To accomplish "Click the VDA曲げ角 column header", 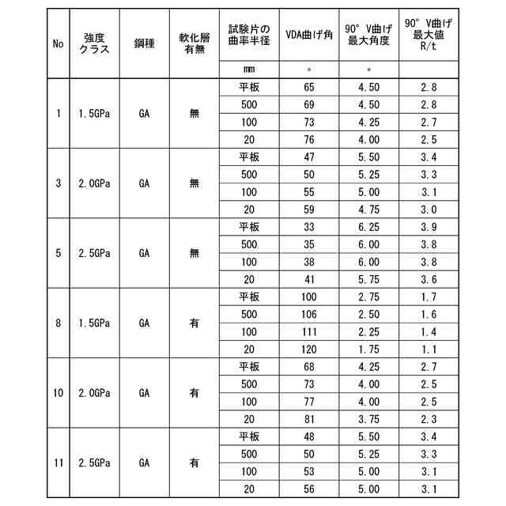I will tap(308, 35).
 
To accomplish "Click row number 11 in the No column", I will tap(59, 463).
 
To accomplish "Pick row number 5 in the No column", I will tap(59, 253).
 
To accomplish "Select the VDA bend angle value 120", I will tap(308, 349).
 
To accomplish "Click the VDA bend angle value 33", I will tap(308, 227).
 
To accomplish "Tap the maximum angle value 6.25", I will tap(368, 227).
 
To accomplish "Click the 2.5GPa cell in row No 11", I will tap(94, 463).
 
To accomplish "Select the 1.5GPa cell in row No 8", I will tap(94, 323).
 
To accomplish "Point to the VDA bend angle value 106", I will tap(308, 315).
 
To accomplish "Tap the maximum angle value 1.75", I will tap(368, 349).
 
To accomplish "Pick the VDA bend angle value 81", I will tap(308, 419).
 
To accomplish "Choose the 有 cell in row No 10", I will tap(194, 393).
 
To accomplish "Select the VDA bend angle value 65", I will tap(308, 87).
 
